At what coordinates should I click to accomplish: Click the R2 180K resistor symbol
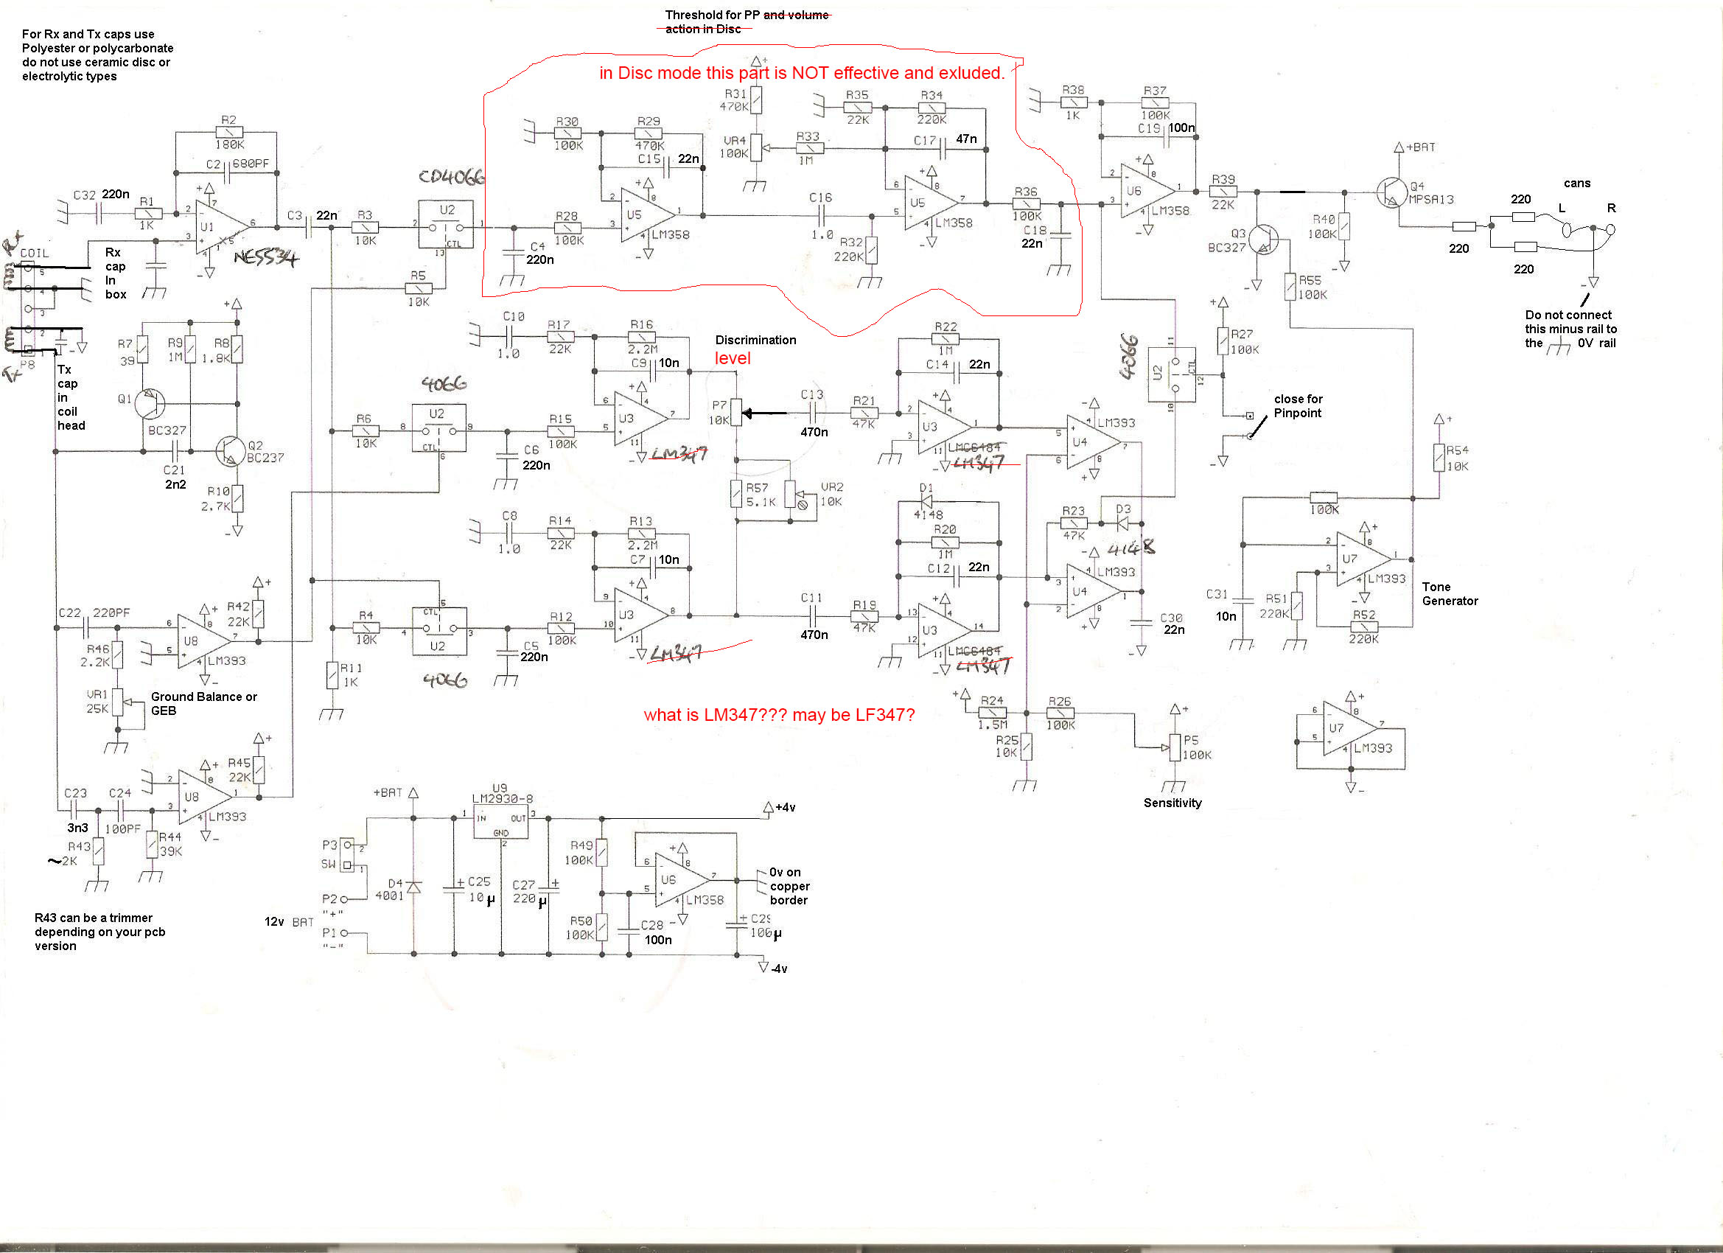228,132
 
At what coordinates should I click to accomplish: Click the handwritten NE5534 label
265,259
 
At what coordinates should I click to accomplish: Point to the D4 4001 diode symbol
414,887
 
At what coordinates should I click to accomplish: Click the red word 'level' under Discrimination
733,359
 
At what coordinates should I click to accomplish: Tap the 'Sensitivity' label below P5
1172,803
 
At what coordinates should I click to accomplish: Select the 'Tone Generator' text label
1450,593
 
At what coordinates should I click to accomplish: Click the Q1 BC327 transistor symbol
150,404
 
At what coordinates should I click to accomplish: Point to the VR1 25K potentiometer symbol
118,702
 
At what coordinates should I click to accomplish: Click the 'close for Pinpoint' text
1298,406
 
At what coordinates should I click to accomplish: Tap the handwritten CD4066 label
451,177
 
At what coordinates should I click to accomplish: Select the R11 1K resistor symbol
332,674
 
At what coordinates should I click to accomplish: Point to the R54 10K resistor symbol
1439,458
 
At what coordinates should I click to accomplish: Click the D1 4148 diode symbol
926,501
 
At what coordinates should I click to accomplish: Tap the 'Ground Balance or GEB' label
203,704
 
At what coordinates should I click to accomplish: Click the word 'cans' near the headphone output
1576,183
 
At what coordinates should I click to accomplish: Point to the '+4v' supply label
785,807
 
